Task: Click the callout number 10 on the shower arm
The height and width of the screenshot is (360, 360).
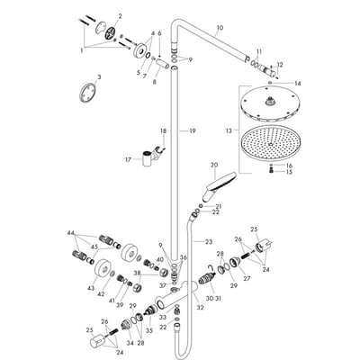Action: tap(219, 28)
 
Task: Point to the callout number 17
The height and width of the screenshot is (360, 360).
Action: tap(153, 159)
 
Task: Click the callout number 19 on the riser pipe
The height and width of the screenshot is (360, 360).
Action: tap(192, 130)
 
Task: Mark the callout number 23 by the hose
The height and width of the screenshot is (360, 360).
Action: tap(210, 242)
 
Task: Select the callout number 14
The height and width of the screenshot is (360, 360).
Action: tap(298, 84)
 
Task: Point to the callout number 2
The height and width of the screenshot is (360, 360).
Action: tap(121, 16)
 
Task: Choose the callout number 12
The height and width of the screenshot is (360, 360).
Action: tap(280, 64)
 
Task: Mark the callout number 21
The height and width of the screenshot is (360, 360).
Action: tap(216, 206)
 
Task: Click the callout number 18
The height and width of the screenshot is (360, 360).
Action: tap(163, 130)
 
